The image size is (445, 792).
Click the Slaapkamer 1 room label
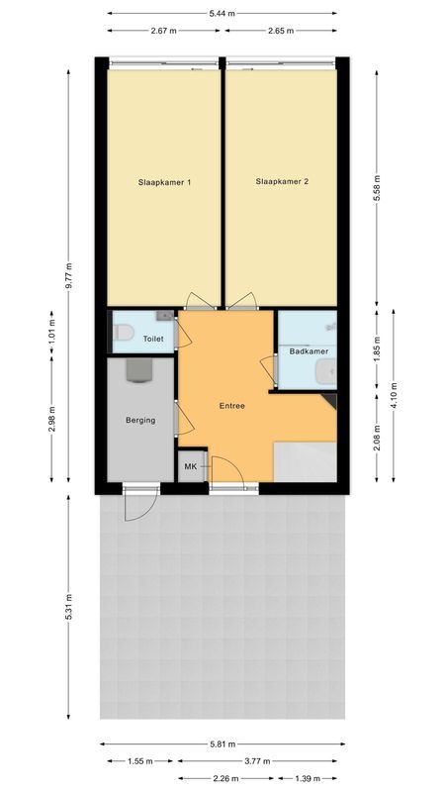click(x=164, y=182)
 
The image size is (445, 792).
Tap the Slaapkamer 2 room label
click(x=282, y=182)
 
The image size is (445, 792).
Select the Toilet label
click(x=153, y=339)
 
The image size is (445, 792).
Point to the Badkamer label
click(x=309, y=351)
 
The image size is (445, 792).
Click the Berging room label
click(x=140, y=421)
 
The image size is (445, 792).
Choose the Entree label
click(x=232, y=406)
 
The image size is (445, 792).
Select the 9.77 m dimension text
click(x=68, y=271)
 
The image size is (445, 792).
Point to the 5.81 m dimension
click(x=222, y=744)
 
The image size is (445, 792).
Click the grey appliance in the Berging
click(x=138, y=370)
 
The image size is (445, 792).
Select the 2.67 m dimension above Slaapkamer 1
click(x=164, y=31)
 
